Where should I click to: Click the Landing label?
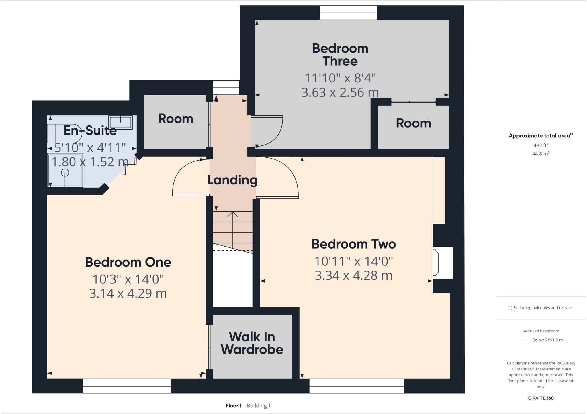232,180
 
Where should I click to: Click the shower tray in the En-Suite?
65,171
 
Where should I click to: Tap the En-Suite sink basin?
120,122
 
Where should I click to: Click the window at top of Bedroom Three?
349,13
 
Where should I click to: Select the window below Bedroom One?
127,386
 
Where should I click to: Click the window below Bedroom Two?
357,386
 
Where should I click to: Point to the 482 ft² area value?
541,145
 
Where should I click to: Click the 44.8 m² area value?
541,154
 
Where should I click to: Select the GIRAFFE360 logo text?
541,398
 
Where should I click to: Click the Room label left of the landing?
175,119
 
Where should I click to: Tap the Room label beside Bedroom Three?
413,123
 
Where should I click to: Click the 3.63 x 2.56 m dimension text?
340,92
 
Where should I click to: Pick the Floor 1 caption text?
234,406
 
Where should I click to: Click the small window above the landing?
226,88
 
